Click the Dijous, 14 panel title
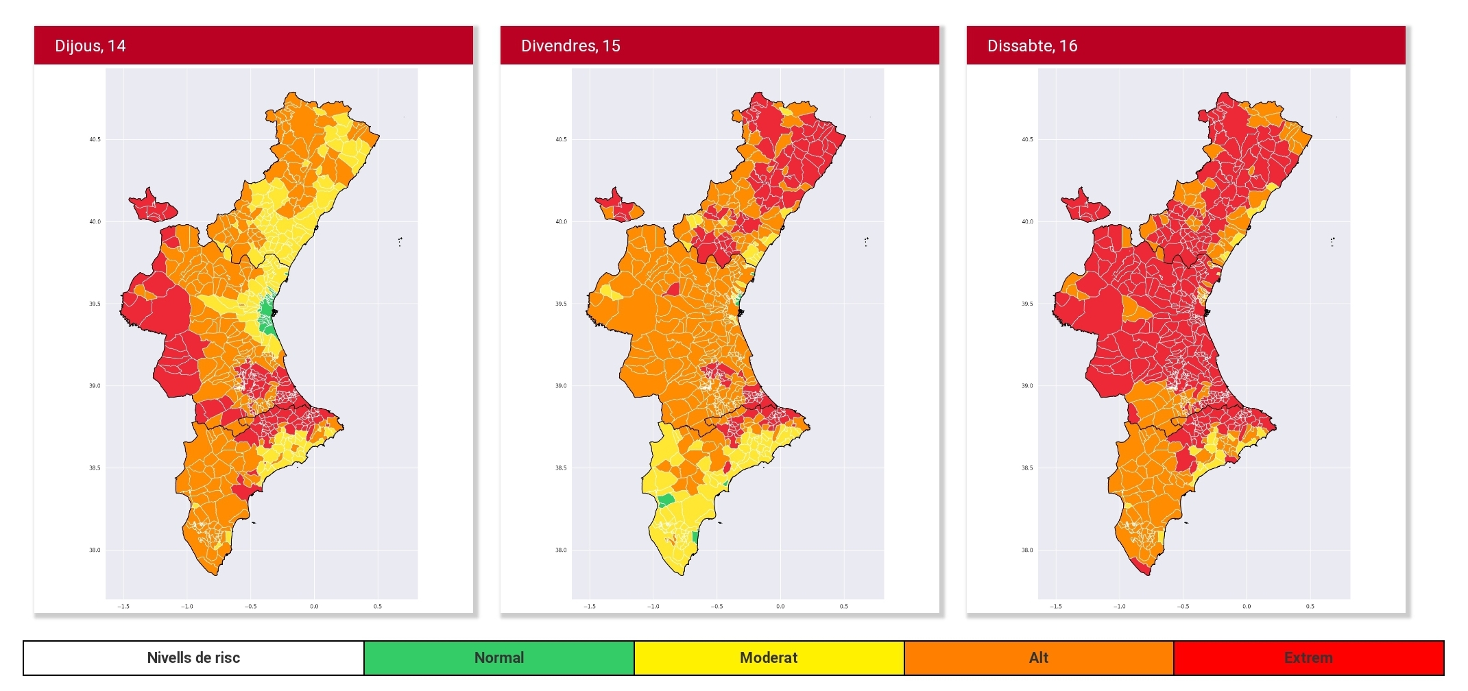(x=90, y=46)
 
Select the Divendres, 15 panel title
(x=570, y=46)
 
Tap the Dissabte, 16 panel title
(x=1032, y=46)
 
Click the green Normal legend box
(x=498, y=658)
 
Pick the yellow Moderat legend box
(x=769, y=658)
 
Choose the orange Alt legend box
(x=1039, y=658)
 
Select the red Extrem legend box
(x=1308, y=658)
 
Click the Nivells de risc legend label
(x=193, y=658)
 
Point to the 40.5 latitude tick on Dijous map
(x=95, y=140)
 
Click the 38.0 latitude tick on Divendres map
(x=561, y=550)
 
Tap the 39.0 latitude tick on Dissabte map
(x=1027, y=386)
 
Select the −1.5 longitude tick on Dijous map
(x=123, y=607)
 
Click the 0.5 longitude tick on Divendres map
(x=844, y=607)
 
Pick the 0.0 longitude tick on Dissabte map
(x=1247, y=607)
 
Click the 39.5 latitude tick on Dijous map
(x=95, y=304)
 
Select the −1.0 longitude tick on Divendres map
(x=653, y=607)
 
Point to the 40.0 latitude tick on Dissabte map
(x=1027, y=222)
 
